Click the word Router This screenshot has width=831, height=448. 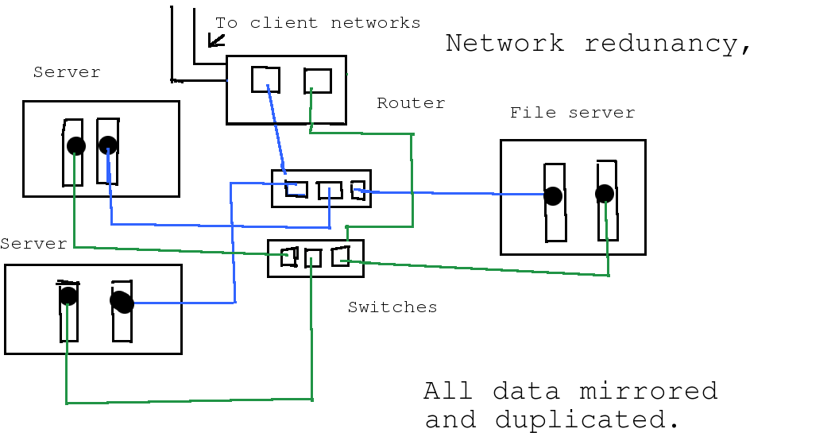[x=411, y=103]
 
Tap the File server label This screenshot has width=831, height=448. [x=572, y=113]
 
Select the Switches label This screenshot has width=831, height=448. [x=392, y=307]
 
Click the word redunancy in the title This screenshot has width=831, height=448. [x=667, y=44]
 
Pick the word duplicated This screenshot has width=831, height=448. [x=587, y=419]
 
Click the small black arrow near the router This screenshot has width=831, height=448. [x=215, y=40]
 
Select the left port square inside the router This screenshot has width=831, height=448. [x=265, y=79]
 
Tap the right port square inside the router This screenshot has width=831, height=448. [x=318, y=81]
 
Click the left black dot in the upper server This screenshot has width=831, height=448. [x=75, y=145]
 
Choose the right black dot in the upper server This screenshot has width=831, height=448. [x=108, y=145]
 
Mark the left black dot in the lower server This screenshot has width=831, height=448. [x=68, y=296]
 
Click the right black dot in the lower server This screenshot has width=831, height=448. [x=122, y=302]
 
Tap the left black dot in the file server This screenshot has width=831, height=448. [x=553, y=196]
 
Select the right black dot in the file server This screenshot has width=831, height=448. [x=605, y=194]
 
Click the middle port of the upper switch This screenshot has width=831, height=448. [x=329, y=191]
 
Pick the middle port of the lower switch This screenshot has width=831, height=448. [x=312, y=257]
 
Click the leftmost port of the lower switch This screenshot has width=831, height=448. [x=289, y=257]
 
